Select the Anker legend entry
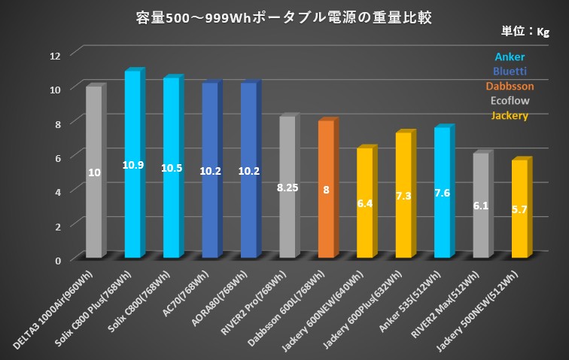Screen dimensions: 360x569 tap(510, 57)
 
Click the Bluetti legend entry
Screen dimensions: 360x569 tap(510, 72)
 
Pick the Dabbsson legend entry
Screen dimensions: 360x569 tap(510, 87)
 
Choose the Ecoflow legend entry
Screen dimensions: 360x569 tap(510, 101)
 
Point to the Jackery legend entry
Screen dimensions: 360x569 tap(510, 115)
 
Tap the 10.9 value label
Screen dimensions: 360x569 tap(132, 164)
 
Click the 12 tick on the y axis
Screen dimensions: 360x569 tap(56, 55)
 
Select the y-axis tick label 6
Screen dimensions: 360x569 tap(59, 157)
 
